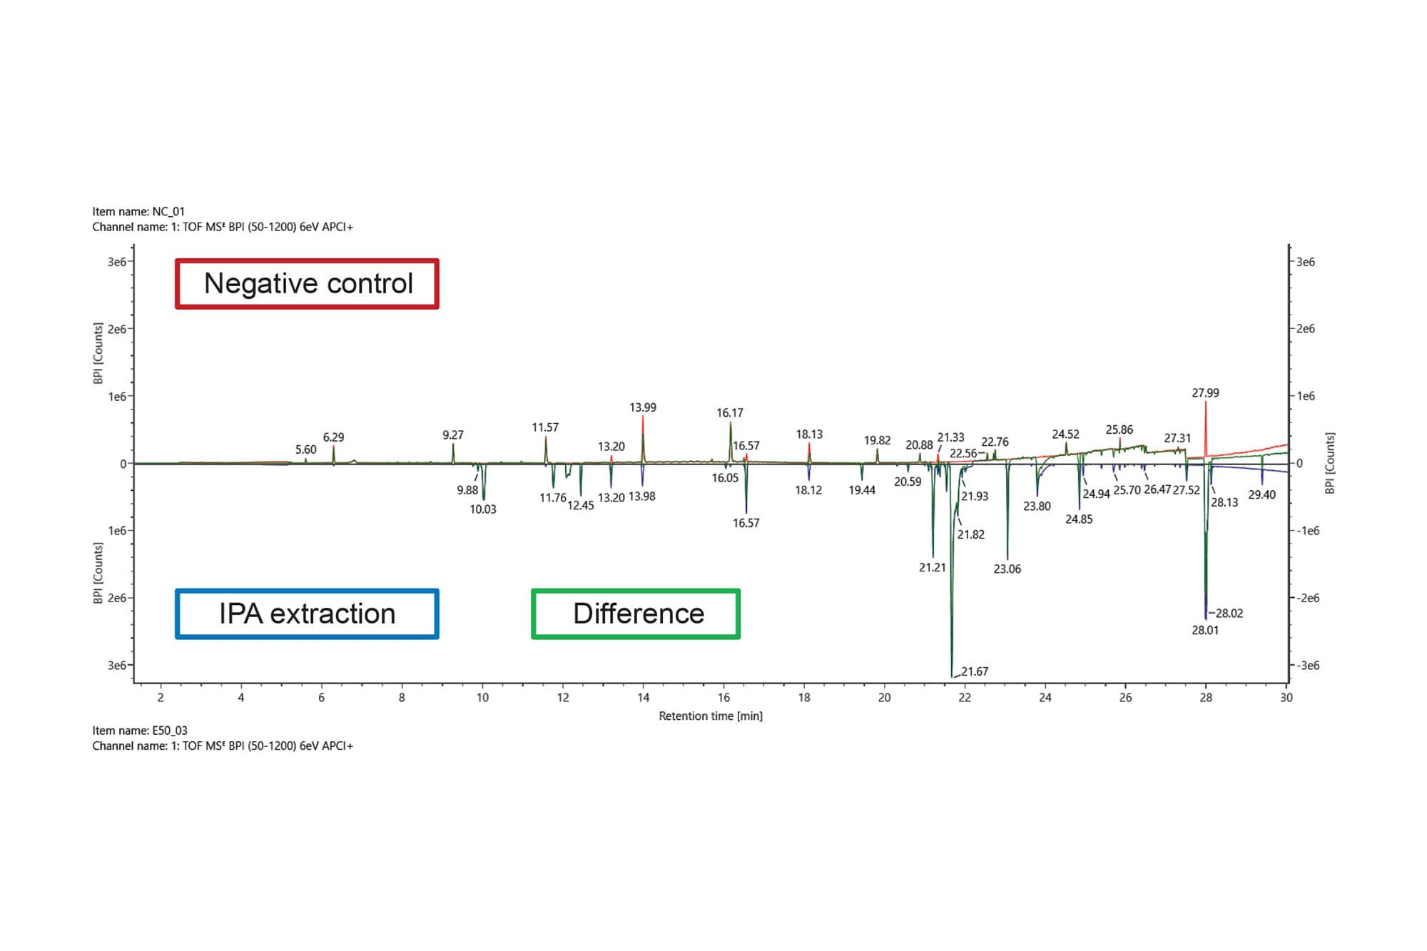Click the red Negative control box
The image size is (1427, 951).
[x=307, y=284]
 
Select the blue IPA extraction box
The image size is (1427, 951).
[x=307, y=614]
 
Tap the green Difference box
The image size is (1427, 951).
[x=636, y=614]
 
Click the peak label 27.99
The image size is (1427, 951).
[x=1205, y=393]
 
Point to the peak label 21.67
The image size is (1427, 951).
[x=974, y=671]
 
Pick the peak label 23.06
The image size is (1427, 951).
[x=1007, y=569]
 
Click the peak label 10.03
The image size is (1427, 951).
[x=483, y=509]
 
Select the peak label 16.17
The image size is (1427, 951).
[x=729, y=413]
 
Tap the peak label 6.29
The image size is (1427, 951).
[x=333, y=437]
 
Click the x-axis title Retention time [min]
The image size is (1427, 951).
[x=710, y=716]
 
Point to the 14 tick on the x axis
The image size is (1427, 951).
[x=643, y=698]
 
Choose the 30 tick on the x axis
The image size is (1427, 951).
[x=1286, y=698]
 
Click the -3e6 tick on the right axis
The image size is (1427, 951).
[x=1307, y=666]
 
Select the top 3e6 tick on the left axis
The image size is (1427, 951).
[x=117, y=262]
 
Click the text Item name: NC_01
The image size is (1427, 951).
[x=138, y=211]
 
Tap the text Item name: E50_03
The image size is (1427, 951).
[x=140, y=731]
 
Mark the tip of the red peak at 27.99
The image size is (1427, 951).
[x=1206, y=402]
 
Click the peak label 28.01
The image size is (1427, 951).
[x=1205, y=630]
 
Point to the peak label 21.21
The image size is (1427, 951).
[x=932, y=568]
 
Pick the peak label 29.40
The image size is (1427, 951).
[x=1261, y=494]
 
